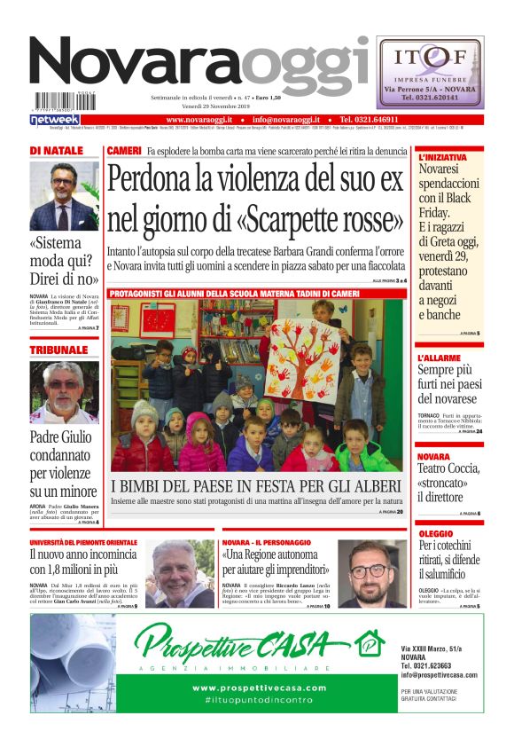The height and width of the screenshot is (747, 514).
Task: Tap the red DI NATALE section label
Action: pos(56,151)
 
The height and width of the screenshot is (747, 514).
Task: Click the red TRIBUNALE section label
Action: pos(58,350)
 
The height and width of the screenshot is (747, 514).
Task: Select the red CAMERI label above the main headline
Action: pos(123,151)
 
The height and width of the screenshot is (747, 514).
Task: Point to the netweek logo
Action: pos(55,119)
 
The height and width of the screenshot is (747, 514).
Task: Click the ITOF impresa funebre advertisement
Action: pos(429,72)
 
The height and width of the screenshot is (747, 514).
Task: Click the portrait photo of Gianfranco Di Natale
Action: pos(64,196)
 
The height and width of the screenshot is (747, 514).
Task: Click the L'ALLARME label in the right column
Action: pos(438,358)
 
